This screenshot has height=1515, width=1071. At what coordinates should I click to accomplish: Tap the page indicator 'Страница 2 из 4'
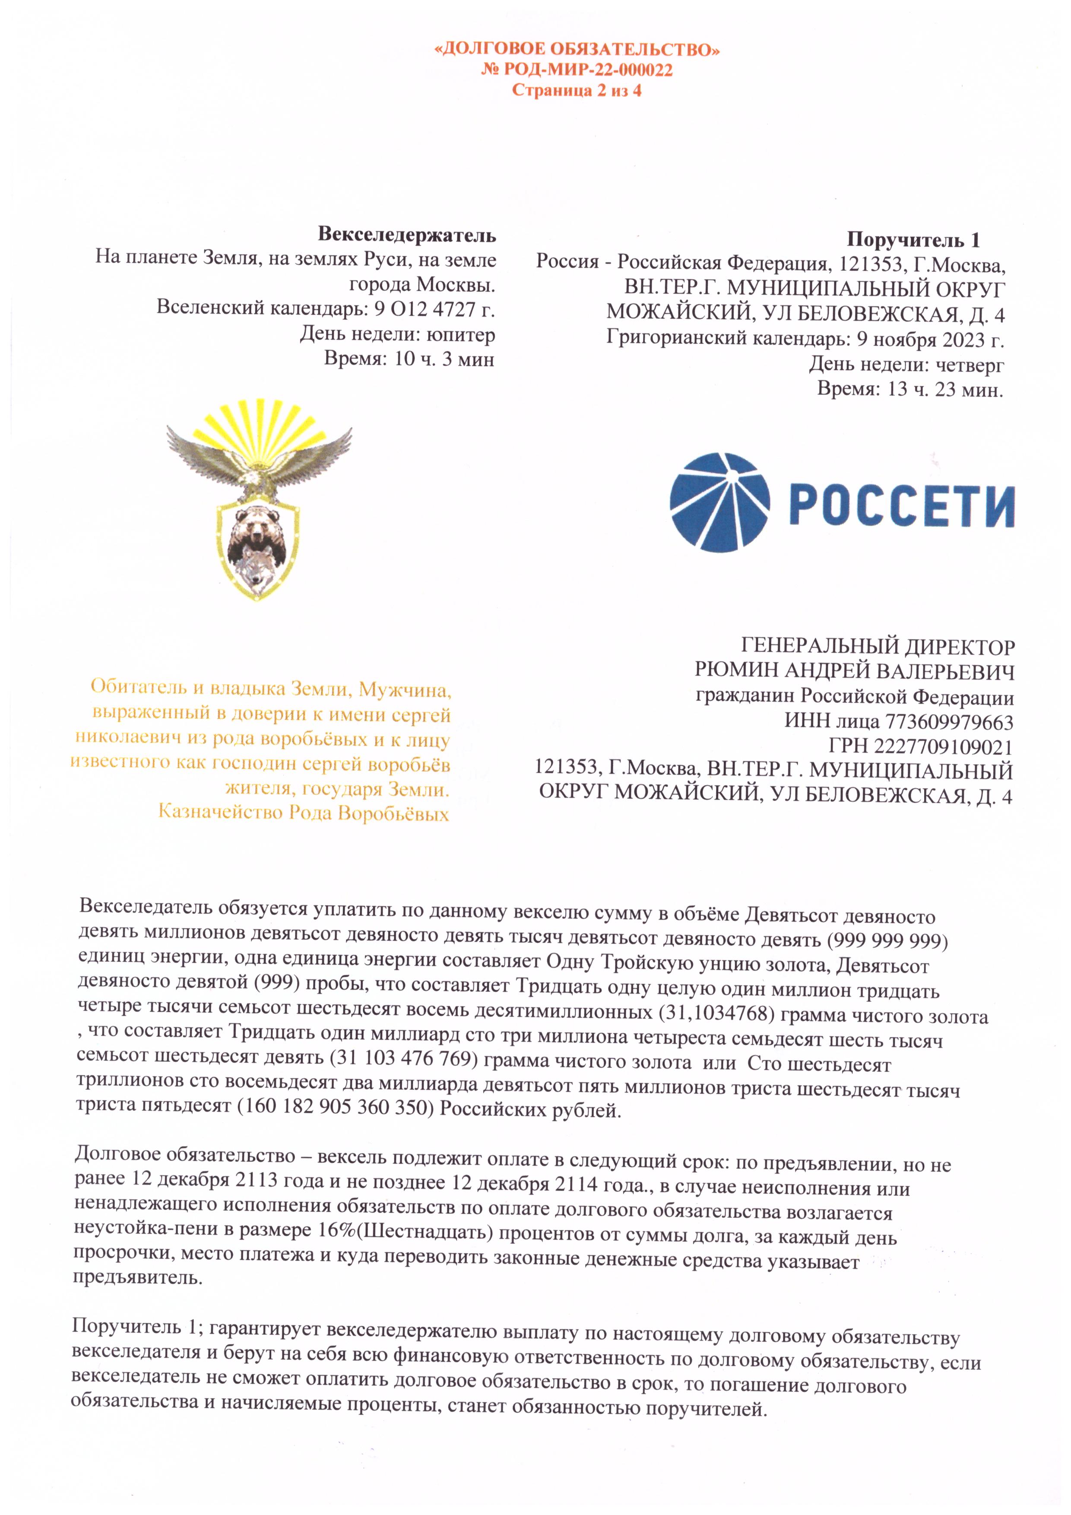(577, 90)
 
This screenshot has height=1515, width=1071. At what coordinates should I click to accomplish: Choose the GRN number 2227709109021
(943, 747)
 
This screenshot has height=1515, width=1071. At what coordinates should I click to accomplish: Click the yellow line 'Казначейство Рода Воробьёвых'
(303, 813)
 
